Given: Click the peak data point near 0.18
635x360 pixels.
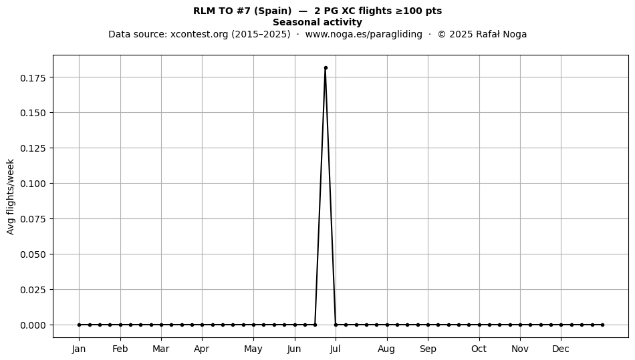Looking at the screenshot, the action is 326,68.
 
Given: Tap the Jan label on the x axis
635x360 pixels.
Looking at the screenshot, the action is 79,349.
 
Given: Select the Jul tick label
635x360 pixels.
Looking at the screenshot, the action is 335,349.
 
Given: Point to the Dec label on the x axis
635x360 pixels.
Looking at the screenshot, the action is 561,349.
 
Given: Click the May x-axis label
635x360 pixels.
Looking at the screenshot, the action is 253,349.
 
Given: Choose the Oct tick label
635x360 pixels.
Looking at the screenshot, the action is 479,349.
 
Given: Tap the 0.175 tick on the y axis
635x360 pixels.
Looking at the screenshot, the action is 32,77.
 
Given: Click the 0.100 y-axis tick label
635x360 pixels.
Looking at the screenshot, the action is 32,184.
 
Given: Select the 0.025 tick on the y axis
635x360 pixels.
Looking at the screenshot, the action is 32,290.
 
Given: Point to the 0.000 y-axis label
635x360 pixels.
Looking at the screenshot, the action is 32,325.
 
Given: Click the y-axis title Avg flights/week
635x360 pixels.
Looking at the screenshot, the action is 11,196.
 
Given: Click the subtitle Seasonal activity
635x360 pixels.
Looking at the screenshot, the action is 317,22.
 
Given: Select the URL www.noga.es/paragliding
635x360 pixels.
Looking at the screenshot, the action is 364,34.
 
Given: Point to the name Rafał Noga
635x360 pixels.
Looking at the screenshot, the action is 501,34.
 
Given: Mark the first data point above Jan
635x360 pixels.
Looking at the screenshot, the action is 79,325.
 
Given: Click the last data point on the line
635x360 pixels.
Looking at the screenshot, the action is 603,325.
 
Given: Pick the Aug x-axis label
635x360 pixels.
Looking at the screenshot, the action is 386,349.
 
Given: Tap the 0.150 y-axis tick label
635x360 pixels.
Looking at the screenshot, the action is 32,113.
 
